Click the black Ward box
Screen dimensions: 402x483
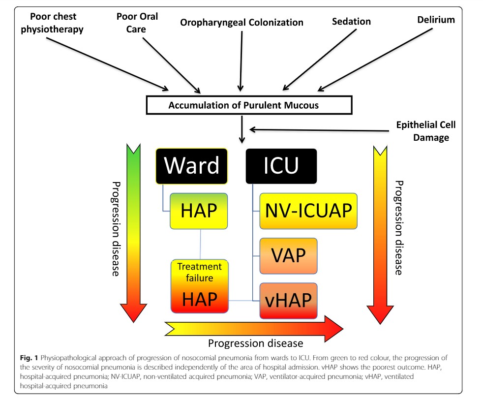point(192,166)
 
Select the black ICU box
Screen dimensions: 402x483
point(281,166)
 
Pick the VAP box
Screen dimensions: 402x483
point(288,255)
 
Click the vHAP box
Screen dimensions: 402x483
point(288,299)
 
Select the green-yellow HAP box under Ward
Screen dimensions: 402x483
point(199,211)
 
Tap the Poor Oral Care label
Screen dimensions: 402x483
point(137,22)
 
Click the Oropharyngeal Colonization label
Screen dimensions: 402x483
point(241,22)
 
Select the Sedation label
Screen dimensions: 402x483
point(351,22)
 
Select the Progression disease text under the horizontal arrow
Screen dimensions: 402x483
point(255,343)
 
